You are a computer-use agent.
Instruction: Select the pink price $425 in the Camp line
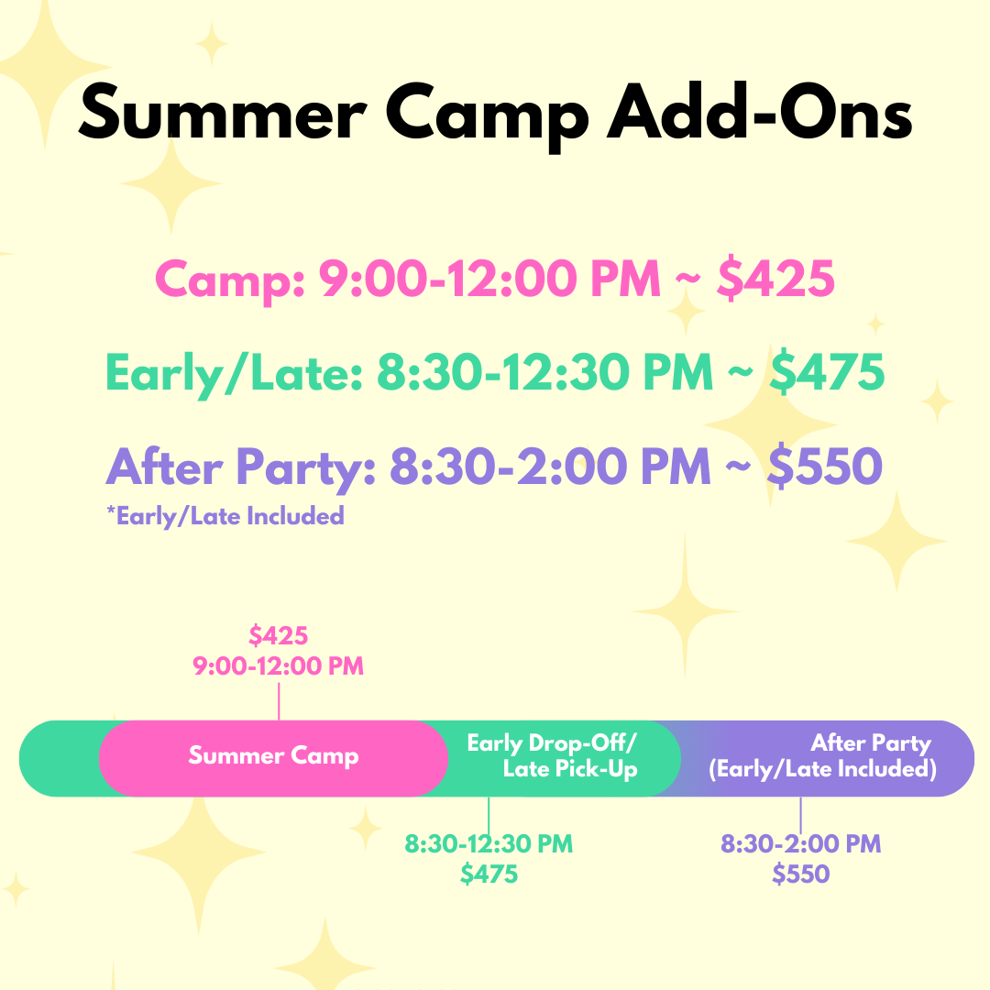775,279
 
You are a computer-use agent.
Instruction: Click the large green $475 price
827,373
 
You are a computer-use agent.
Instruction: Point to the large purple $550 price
824,467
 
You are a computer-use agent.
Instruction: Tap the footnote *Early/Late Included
225,516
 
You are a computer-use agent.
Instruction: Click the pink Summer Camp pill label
273,756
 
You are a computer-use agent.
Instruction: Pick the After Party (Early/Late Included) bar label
823,755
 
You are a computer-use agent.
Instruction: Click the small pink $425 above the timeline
279,635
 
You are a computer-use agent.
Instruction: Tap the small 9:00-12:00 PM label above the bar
279,666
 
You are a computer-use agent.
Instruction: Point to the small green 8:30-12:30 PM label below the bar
489,843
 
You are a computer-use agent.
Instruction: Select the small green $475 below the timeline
489,874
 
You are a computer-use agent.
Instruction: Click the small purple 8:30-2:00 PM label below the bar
800,843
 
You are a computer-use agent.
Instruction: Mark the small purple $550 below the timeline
800,874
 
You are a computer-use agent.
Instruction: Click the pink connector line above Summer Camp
279,700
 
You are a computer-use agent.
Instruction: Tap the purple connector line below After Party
800,813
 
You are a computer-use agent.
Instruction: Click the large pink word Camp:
228,279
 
